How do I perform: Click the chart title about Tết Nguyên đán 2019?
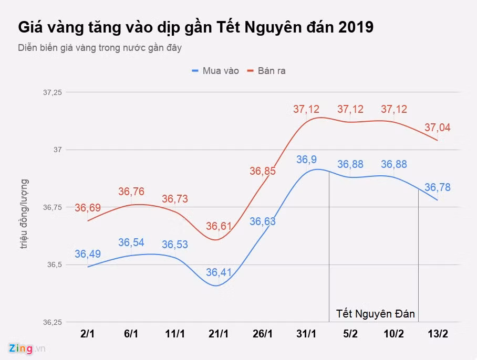(195, 27)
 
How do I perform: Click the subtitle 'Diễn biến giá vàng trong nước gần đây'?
(100, 48)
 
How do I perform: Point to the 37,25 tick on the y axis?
(52, 92)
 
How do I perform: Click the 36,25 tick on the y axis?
(52, 322)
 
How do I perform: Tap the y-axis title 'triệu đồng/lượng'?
(24, 214)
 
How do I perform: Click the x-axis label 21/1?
(219, 334)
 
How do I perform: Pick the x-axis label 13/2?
(438, 334)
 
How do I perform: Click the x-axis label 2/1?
(87, 334)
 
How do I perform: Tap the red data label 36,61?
(219, 226)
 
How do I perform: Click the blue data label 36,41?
(219, 272)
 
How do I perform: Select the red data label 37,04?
(438, 128)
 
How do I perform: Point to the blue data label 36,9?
(307, 160)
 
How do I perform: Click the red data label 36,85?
(263, 171)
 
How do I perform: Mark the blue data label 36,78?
(438, 187)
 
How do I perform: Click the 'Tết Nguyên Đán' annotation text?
(376, 314)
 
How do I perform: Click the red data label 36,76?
(131, 192)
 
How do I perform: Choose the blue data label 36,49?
(88, 254)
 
